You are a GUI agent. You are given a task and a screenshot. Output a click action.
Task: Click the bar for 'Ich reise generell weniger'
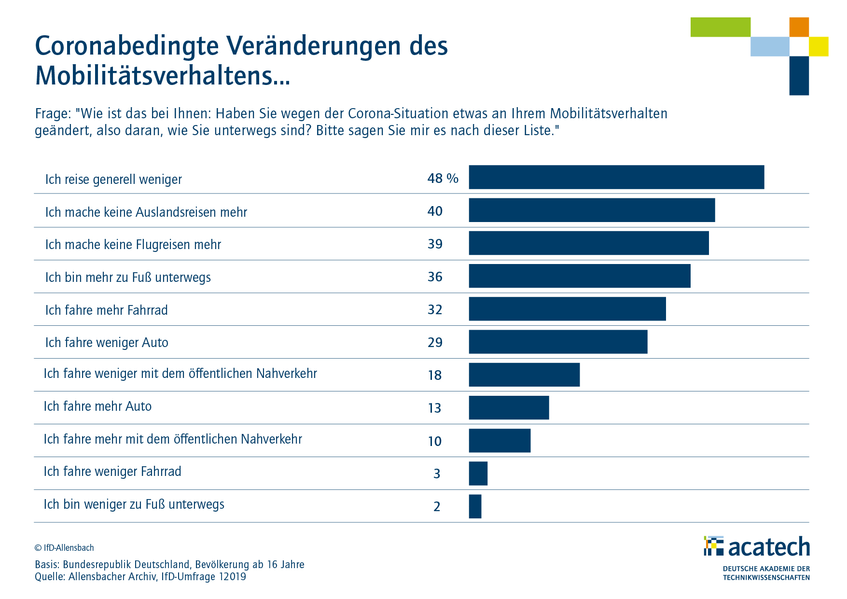[x=616, y=177]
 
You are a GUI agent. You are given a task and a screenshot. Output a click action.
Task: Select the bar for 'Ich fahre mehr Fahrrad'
[x=567, y=309]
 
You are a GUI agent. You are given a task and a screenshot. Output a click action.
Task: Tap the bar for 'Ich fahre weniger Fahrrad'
[x=478, y=474]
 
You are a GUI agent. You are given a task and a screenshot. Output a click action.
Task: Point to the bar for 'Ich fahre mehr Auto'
[x=509, y=408]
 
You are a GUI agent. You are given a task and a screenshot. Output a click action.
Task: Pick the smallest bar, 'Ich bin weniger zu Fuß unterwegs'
[x=475, y=506]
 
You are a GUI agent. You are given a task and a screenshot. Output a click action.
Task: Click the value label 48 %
[x=443, y=179]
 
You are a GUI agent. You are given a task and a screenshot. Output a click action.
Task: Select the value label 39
[x=435, y=244]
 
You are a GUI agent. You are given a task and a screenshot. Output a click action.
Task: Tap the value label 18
[x=435, y=376]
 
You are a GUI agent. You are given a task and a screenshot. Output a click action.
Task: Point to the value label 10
[x=435, y=441]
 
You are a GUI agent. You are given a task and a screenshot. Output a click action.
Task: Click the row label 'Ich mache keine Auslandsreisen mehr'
[x=146, y=212]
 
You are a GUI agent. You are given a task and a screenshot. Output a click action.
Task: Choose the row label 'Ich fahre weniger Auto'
[x=107, y=343]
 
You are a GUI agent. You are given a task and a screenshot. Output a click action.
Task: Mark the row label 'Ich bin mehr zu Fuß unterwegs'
[x=128, y=278]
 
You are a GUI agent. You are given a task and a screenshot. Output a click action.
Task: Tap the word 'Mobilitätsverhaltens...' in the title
[x=163, y=76]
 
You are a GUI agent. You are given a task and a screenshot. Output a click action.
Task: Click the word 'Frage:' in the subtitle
[x=53, y=114]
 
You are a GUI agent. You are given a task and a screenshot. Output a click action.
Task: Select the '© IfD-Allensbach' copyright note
[x=64, y=548]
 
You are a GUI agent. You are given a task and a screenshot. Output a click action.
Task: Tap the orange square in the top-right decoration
[x=799, y=27]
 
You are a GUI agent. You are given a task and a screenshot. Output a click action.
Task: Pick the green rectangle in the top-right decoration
[x=720, y=27]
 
